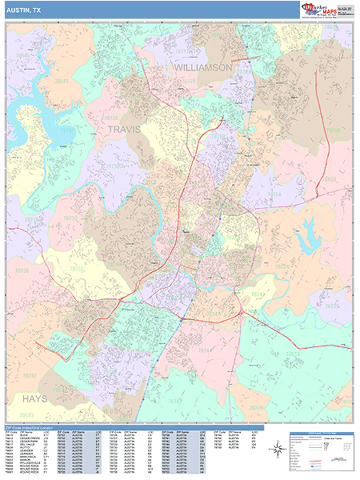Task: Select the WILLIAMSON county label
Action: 203,68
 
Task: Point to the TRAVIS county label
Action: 123,129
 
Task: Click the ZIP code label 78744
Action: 206,350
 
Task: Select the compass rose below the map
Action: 276,452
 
